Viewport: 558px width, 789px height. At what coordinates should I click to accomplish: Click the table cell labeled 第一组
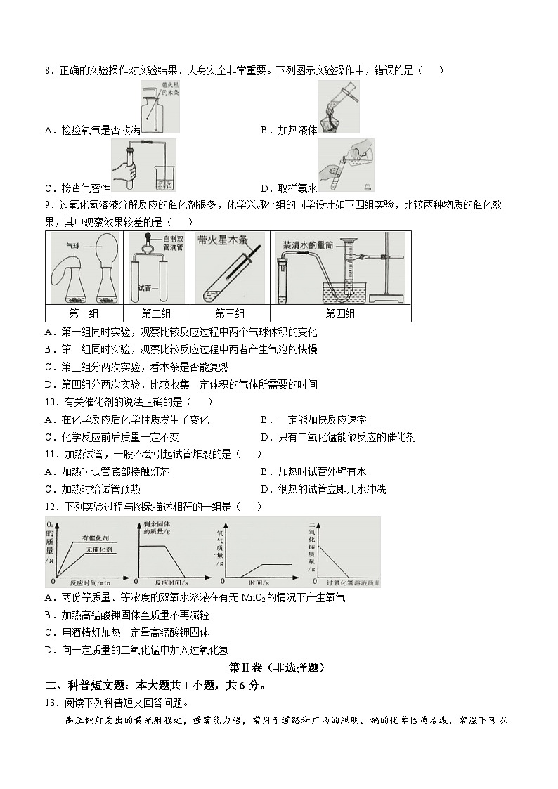[84, 314]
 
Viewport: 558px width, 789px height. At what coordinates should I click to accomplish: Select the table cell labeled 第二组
[156, 314]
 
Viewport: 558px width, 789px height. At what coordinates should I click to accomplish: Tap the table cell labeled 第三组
[230, 314]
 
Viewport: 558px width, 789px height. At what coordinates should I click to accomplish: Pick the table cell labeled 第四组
[340, 314]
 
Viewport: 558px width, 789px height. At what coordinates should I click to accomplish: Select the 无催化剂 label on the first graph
[100, 547]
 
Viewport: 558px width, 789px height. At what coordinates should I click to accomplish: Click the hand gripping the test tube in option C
[124, 171]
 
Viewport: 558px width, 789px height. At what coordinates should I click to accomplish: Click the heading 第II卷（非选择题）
[278, 667]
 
